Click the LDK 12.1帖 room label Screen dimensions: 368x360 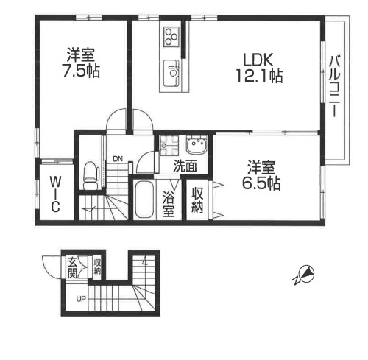259,68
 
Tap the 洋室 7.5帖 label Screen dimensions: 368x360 81,63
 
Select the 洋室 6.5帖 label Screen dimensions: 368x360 261,175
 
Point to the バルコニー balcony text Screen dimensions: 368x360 335,86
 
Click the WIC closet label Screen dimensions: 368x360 56,194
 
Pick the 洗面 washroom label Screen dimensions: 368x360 185,166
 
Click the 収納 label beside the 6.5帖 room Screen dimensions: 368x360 197,200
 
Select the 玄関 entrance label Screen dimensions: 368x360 72,268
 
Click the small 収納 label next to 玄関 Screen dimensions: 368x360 97,267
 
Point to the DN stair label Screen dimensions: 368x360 118,159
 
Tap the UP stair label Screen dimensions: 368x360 81,299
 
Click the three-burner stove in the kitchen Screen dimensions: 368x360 171,37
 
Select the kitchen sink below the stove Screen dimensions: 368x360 171,74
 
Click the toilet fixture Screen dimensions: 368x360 91,175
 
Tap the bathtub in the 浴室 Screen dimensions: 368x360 144,200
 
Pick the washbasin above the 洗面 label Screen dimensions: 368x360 197,146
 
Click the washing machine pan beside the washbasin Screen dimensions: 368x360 169,146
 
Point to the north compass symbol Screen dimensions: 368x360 305,275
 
